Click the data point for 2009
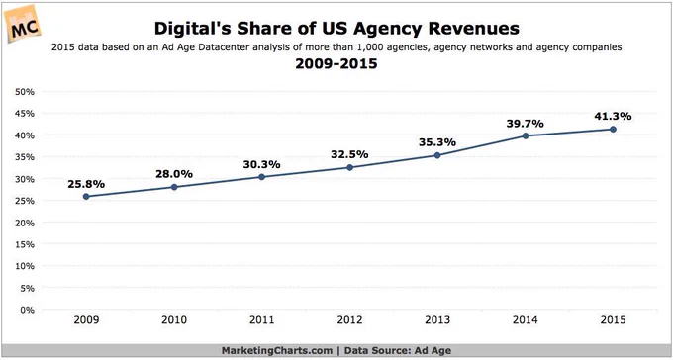click(x=86, y=196)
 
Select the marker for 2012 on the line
click(x=349, y=167)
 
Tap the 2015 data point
click(x=614, y=130)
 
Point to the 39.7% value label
click(x=525, y=124)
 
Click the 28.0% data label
click(x=174, y=175)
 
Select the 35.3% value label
click(x=437, y=142)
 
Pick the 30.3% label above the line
click(x=262, y=165)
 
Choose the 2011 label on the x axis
click(x=262, y=320)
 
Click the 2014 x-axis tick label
click(x=526, y=320)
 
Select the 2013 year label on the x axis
click(x=437, y=320)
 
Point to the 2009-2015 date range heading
click(x=336, y=64)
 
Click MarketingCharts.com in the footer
click(x=277, y=350)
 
